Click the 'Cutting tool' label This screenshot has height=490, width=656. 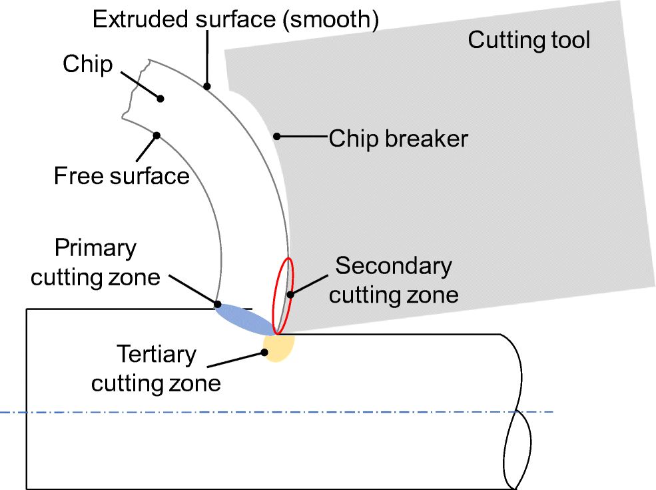(529, 40)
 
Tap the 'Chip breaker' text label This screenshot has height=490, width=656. (398, 139)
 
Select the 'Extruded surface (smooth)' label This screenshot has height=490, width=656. (236, 19)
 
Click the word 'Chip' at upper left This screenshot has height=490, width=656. (87, 65)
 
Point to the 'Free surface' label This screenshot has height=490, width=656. (121, 176)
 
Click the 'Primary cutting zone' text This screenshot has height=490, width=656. (95, 262)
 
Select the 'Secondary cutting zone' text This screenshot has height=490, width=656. (394, 280)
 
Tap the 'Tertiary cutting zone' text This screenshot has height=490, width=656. (156, 369)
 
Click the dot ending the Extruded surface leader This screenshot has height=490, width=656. (207, 86)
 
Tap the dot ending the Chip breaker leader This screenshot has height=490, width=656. (276, 137)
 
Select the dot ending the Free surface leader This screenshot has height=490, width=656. (157, 135)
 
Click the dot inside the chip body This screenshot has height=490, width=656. (161, 99)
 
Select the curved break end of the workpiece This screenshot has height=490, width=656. (517, 413)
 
